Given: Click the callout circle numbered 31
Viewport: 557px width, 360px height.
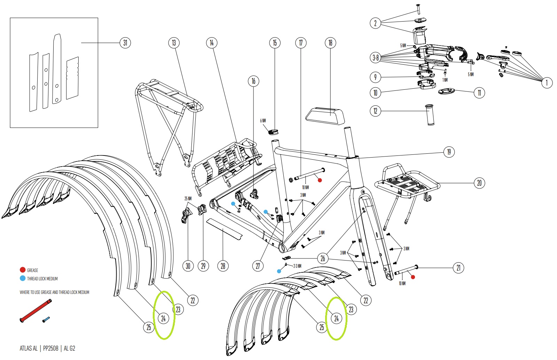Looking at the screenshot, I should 125,43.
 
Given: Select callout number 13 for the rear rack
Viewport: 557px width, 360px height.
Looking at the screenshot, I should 174,43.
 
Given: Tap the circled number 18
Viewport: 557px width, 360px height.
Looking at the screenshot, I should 330,43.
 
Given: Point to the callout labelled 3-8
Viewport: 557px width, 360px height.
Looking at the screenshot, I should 375,58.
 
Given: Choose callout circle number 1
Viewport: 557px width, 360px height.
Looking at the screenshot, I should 547,82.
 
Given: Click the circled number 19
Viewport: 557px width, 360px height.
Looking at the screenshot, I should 449,152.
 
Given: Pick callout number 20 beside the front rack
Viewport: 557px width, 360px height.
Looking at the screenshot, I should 479,183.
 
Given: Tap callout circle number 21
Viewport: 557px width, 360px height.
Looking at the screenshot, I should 458,267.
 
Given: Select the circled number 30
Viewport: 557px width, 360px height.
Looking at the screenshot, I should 188,266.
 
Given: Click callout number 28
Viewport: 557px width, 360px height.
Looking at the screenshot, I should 223,266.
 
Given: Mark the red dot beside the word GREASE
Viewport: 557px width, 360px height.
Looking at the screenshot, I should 23,270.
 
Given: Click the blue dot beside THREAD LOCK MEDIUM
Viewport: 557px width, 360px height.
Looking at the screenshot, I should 23,278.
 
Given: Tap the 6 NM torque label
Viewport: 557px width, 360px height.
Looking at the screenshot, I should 263,121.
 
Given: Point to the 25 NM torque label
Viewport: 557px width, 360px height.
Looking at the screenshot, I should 188,199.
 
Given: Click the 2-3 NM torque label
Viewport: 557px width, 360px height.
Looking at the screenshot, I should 297,266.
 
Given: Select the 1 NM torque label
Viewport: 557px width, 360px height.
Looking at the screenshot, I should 445,80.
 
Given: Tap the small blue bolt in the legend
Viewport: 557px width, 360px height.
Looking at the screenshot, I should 46,319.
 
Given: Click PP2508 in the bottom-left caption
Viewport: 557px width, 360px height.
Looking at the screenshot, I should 51,348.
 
